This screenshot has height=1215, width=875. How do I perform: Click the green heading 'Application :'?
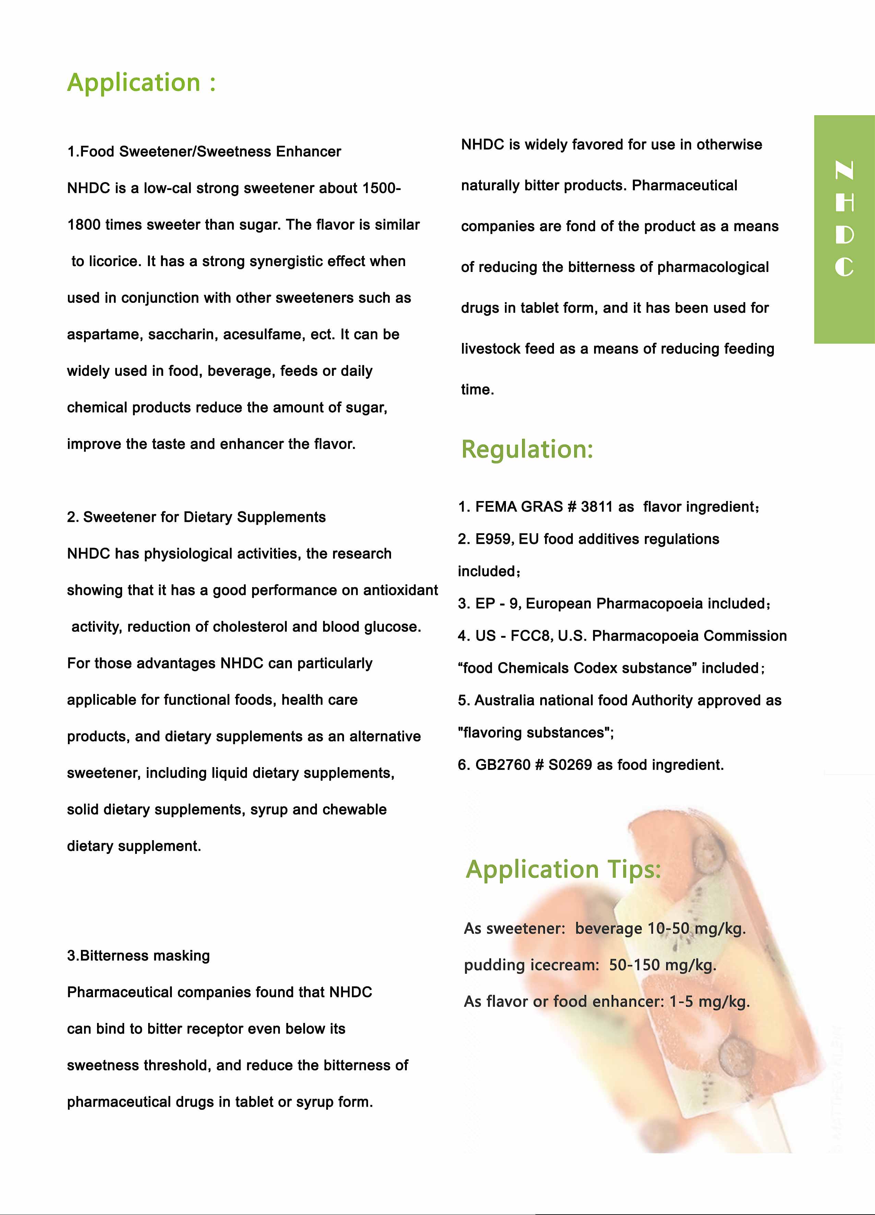141,83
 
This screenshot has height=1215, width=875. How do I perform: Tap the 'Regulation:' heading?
527,449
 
